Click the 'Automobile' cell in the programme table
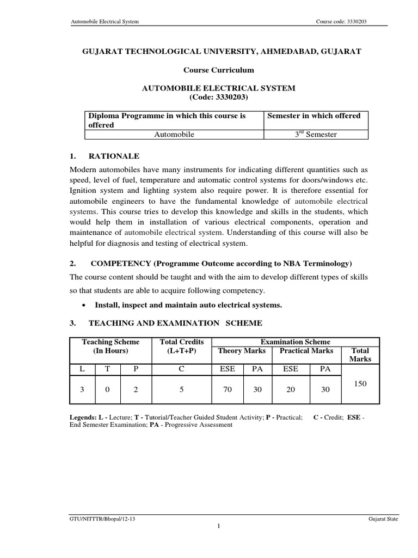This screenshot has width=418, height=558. [175, 134]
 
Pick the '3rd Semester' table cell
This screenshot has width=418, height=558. [316, 134]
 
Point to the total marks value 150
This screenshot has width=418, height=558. [360, 384]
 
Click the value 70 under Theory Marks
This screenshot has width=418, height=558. [227, 390]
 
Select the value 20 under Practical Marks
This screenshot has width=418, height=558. [291, 390]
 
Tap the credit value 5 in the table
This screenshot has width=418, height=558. [181, 390]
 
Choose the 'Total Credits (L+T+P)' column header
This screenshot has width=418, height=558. [181, 347]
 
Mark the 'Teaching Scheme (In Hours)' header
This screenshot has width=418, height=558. [110, 347]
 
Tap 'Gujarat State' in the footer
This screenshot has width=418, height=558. [383, 519]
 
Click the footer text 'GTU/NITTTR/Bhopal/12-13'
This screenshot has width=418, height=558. [99, 519]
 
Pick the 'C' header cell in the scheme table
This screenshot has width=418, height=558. [181, 369]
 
